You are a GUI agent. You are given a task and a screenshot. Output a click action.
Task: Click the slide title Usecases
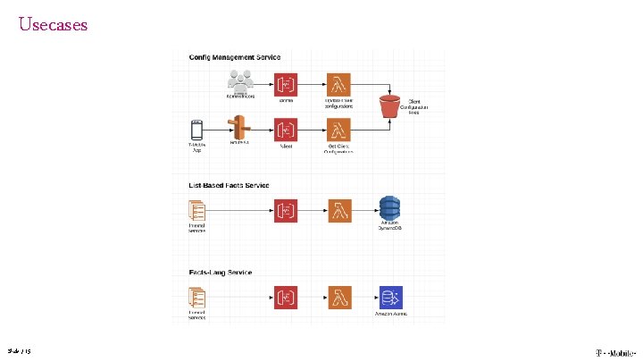(54, 25)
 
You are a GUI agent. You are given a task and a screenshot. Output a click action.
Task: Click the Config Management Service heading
(235, 57)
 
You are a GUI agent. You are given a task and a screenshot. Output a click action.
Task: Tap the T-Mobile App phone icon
(196, 130)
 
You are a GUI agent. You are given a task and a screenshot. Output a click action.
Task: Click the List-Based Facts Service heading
(230, 186)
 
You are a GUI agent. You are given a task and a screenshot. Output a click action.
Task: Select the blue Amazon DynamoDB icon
(390, 208)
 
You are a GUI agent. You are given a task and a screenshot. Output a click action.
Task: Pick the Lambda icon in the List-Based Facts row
(338, 211)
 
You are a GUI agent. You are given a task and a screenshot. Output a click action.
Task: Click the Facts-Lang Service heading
(221, 272)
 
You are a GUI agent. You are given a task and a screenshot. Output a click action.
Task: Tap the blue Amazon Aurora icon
(390, 298)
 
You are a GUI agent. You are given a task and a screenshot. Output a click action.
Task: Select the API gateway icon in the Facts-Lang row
(287, 298)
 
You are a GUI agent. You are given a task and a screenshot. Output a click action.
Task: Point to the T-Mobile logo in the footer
(615, 351)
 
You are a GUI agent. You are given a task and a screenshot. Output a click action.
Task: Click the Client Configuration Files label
(418, 107)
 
